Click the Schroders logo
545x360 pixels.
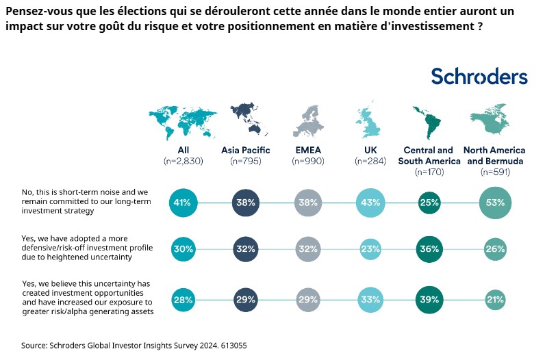coord(479,77)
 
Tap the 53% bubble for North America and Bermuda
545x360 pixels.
coord(494,203)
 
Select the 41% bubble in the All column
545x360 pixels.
coord(183,203)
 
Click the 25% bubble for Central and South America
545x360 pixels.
coord(429,203)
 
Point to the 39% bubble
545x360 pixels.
coord(429,299)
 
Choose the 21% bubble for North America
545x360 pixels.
coord(494,299)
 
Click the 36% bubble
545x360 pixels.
coord(429,250)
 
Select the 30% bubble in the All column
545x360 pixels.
coord(183,250)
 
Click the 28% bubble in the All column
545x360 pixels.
coord(183,299)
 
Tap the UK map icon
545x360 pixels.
coord(369,120)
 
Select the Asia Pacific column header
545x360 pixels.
coord(246,151)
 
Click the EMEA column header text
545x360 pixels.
coord(307,151)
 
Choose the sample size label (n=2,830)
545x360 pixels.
coord(183,162)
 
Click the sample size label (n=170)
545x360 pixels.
coord(429,172)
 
